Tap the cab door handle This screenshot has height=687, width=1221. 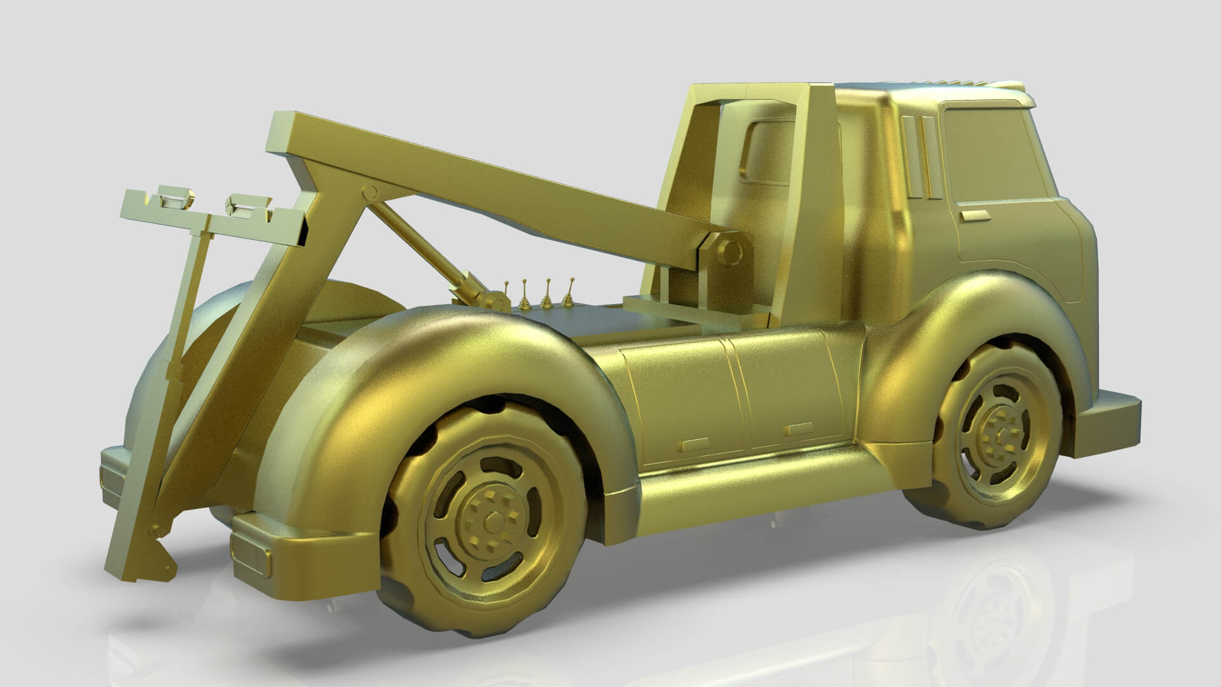pos(972,216)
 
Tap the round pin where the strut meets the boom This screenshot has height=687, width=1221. pos(369,192)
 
